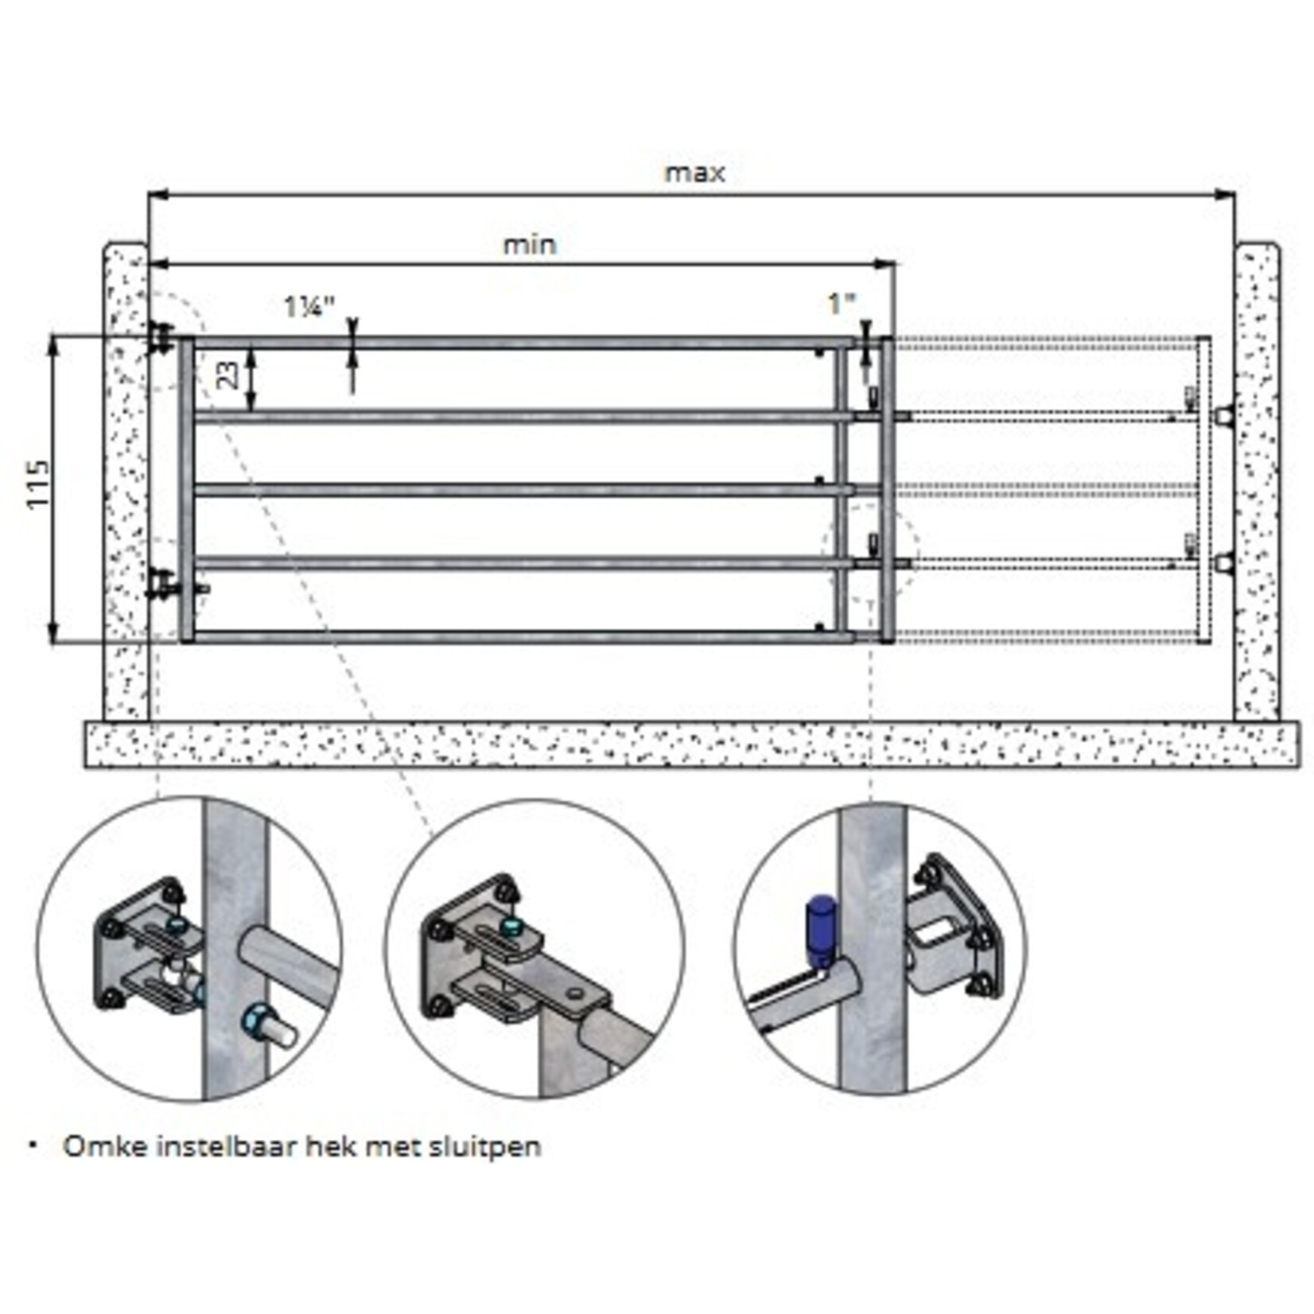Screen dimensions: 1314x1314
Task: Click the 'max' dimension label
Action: [694, 173]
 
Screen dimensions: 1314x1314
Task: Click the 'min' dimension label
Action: [529, 245]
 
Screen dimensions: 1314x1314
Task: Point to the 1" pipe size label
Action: [841, 303]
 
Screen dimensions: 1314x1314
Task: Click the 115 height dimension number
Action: [37, 484]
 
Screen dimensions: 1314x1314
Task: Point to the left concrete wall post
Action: [126, 477]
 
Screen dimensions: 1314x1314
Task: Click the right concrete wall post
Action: [1257, 477]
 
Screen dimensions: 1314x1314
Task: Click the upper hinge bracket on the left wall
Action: [161, 339]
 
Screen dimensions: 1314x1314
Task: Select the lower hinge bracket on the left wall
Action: [163, 585]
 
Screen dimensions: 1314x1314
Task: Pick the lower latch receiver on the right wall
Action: [1225, 563]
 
